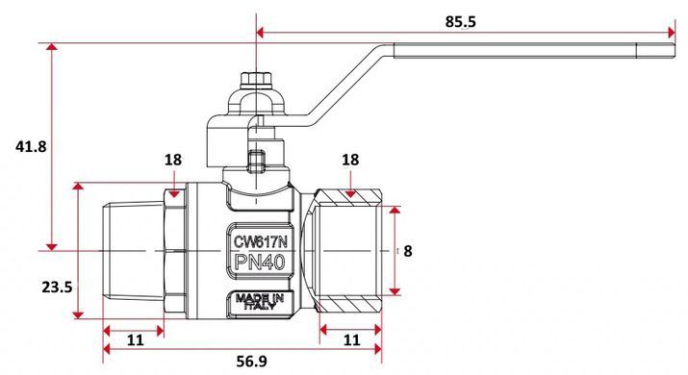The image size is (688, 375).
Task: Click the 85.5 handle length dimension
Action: pos(460,21)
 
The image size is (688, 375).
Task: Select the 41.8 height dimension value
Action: pos(31,146)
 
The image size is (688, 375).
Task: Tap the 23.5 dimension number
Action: pos(57,287)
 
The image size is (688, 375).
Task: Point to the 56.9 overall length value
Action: pos(251,362)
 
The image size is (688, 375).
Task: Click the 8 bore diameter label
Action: pos(408,251)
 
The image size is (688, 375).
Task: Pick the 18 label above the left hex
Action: pos(173,160)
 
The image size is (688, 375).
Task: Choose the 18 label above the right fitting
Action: pos(350,160)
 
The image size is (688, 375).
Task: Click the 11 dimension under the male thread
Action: pos(135,339)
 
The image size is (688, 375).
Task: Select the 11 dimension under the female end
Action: pos(351,339)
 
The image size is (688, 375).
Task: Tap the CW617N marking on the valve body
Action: pos(260,241)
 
